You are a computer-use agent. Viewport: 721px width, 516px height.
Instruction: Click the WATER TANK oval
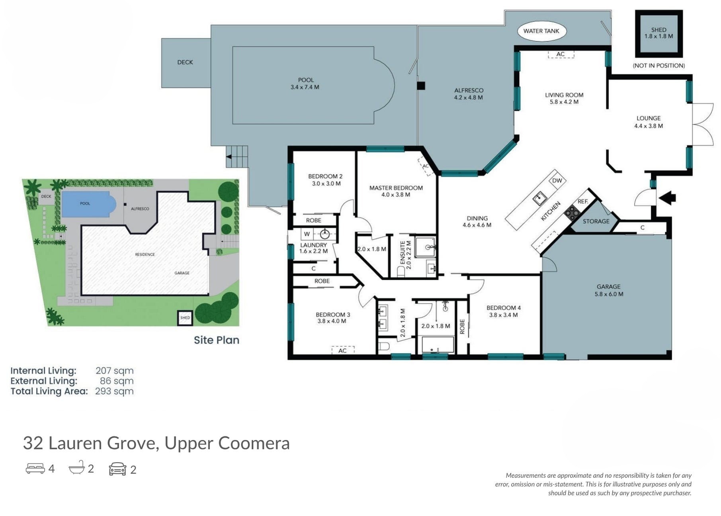pos(541,31)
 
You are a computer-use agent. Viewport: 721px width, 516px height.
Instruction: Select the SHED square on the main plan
pos(658,34)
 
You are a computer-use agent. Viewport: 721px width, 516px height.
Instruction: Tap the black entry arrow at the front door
pos(668,197)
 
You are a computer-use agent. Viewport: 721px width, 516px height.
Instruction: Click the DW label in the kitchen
pos(557,180)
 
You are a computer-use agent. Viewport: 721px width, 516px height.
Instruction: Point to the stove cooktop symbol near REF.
pos(572,213)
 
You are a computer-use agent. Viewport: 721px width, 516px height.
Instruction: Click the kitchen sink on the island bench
pos(539,198)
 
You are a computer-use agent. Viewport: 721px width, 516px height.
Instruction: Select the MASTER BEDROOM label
pos(396,188)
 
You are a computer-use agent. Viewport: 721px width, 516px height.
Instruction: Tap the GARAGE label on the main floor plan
pos(608,287)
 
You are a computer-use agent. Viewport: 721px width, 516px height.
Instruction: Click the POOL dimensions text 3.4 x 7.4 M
pos(305,87)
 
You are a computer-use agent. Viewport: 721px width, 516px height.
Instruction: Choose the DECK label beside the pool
pos(185,62)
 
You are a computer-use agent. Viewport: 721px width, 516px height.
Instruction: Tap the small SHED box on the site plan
pos(185,318)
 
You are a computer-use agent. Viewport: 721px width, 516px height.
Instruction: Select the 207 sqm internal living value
pos(115,371)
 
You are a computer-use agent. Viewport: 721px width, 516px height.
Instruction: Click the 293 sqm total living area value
pos(114,391)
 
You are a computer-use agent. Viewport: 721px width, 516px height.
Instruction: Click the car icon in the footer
pos(117,469)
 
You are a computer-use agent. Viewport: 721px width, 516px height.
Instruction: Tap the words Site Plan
pos(217,340)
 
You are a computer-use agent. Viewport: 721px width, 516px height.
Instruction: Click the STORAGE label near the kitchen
pos(596,221)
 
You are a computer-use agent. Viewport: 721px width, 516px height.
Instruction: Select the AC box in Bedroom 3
pos(343,350)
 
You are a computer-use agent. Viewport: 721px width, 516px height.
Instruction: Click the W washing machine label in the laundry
pos(307,234)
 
